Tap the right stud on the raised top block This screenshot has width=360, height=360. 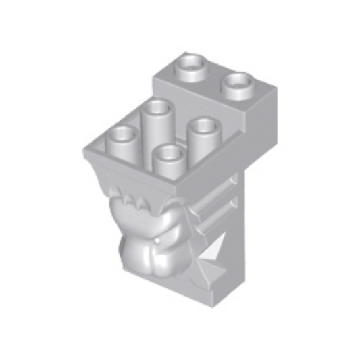[x=238, y=84]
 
